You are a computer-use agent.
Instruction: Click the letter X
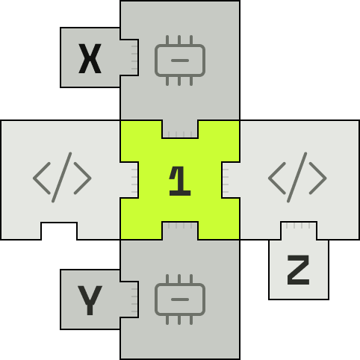(90, 58)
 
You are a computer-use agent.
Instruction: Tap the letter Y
(90, 300)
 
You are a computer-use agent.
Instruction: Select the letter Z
(298, 270)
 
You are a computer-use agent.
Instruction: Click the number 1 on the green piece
(180, 181)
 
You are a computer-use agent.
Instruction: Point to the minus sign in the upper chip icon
(180, 60)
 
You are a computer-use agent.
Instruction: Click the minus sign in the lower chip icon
(180, 300)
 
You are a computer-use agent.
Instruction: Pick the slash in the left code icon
(62, 177)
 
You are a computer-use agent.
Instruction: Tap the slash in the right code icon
(297, 177)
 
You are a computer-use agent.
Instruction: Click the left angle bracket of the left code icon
(42, 178)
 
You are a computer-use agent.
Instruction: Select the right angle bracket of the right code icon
(317, 178)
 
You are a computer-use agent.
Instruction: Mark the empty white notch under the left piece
(59, 232)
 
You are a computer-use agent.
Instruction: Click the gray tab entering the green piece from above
(180, 129)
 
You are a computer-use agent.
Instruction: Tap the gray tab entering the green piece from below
(180, 231)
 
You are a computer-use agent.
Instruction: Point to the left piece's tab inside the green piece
(129, 180)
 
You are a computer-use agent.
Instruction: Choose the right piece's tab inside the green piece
(231, 180)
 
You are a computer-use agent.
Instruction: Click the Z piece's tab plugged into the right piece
(299, 231)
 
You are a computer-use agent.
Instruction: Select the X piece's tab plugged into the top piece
(129, 58)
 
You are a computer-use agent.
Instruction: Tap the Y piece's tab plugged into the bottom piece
(129, 300)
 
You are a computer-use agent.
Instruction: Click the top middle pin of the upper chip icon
(179, 40)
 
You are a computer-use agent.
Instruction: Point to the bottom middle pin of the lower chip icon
(179, 320)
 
